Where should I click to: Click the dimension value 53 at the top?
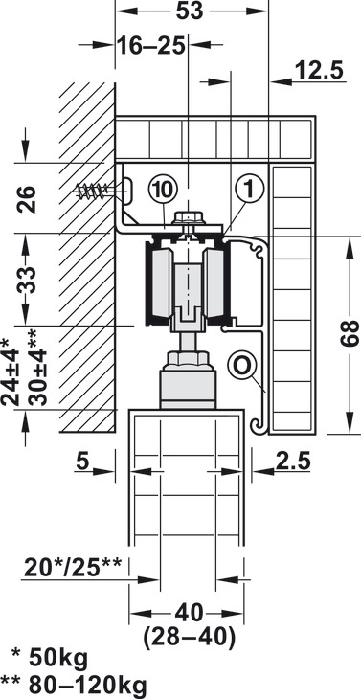click(190, 11)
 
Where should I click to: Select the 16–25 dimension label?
click(151, 45)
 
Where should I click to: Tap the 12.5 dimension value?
click(320, 70)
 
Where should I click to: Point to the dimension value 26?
click(27, 199)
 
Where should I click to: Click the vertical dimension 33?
click(27, 280)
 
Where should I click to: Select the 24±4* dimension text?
click(11, 371)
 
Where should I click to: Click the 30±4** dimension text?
click(37, 368)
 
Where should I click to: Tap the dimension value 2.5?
click(292, 462)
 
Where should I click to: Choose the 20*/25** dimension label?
click(73, 567)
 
